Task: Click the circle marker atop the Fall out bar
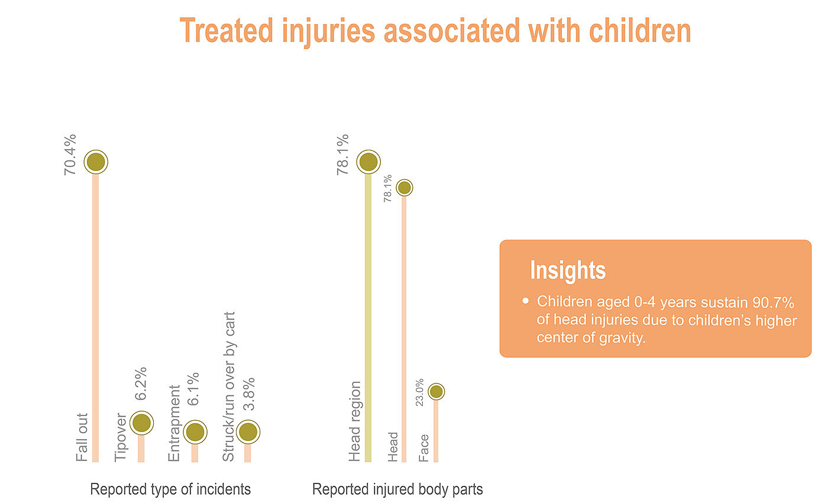[95, 162]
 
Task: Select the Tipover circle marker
[141, 423]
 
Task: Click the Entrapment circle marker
[195, 433]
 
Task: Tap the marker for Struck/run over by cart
[248, 433]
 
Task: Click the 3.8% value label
[249, 395]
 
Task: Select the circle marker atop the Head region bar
[368, 162]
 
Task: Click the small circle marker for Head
[404, 188]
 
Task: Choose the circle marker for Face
[436, 391]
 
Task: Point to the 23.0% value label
[420, 392]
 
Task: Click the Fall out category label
[82, 437]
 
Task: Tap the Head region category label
[354, 422]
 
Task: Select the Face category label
[424, 449]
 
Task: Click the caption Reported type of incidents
[170, 489]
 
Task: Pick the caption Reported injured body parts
[397, 489]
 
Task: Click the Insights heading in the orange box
[568, 270]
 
